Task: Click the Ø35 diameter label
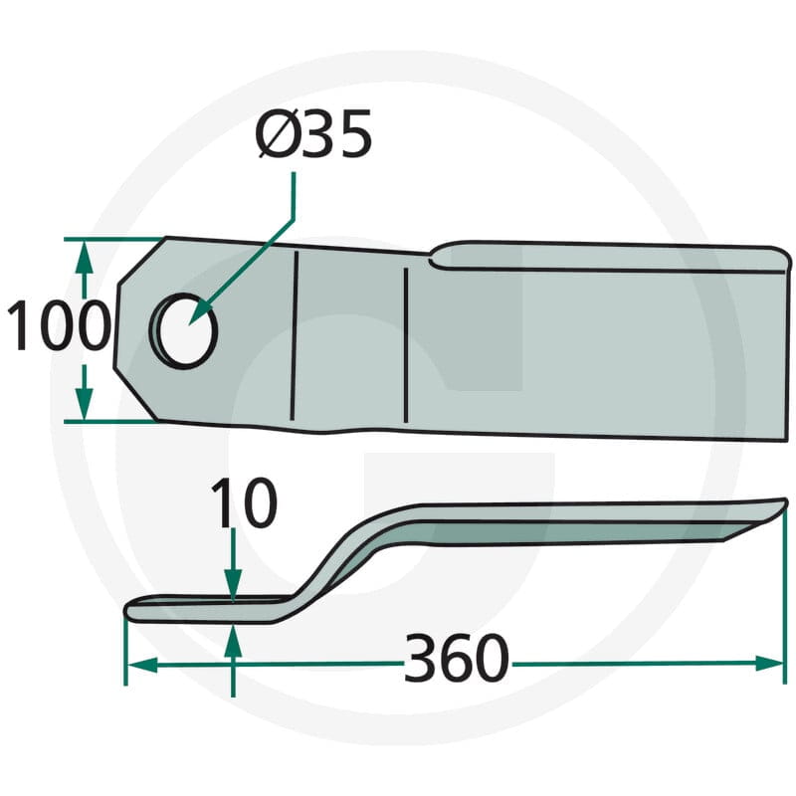(313, 133)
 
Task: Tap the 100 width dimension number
(59, 325)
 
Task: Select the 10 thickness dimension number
(244, 503)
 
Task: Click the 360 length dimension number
(456, 658)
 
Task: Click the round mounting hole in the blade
(184, 330)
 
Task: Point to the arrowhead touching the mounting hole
(200, 312)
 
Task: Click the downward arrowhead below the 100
(85, 404)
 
